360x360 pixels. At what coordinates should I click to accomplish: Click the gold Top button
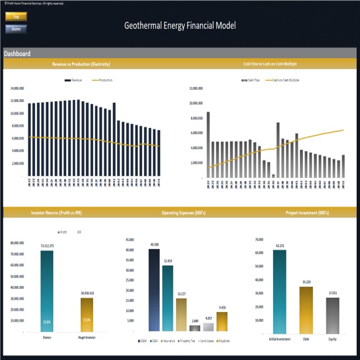coord(16,17)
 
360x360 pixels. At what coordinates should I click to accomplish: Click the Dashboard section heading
coord(17,54)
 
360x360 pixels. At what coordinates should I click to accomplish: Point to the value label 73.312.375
coord(47,246)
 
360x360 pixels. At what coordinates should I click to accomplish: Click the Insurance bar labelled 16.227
coord(181,315)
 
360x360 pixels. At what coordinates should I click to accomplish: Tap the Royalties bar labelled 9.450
coord(222,321)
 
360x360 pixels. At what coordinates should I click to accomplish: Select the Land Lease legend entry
coord(206,340)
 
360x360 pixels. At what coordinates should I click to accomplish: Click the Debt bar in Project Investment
coord(305,310)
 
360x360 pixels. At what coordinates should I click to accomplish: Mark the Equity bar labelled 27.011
coord(333,316)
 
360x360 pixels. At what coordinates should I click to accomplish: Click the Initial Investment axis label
coord(279,339)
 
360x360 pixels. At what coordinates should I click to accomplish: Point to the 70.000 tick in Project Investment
coord(259,239)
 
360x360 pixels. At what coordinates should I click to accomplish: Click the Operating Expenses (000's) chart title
coord(180,213)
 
